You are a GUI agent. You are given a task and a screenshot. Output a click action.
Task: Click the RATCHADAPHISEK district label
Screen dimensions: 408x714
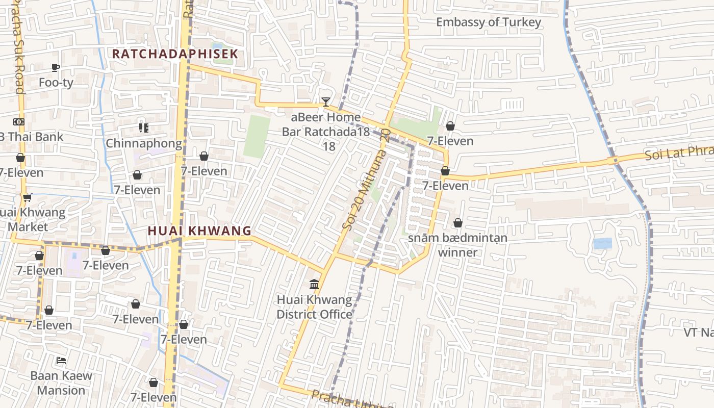pos(175,54)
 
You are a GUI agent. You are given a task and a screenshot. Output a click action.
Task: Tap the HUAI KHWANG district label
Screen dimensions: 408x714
pos(199,231)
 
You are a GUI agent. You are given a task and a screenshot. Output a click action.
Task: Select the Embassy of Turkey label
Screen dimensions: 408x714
pos(488,22)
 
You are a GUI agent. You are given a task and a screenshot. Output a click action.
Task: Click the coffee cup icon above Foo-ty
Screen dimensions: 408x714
pos(56,67)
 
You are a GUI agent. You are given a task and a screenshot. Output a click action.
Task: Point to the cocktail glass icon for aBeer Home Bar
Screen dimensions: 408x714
pos(326,102)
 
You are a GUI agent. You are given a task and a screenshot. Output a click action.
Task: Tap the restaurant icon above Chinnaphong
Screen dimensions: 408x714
pos(143,127)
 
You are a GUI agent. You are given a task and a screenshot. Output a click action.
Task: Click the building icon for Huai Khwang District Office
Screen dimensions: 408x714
pos(314,284)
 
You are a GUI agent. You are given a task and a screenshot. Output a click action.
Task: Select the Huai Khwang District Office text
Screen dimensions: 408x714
pos(314,307)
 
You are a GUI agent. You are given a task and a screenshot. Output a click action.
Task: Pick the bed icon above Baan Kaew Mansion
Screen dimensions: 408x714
pos(61,360)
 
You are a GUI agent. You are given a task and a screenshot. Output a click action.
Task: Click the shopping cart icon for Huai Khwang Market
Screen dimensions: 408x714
pos(27,197)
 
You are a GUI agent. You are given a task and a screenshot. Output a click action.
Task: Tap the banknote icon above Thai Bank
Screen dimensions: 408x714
pos(19,122)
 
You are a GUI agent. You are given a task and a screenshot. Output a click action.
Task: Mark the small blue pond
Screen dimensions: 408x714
pos(602,243)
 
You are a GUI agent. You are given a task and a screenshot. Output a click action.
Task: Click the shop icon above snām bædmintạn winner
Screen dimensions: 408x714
pos(458,223)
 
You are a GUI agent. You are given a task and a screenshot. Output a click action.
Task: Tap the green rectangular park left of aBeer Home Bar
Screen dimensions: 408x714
pos(257,136)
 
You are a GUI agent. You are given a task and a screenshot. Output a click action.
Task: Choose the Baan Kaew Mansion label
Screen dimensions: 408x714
pos(61,383)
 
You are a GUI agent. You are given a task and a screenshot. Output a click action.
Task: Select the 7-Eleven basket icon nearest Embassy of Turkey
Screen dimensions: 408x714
pos(450,126)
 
